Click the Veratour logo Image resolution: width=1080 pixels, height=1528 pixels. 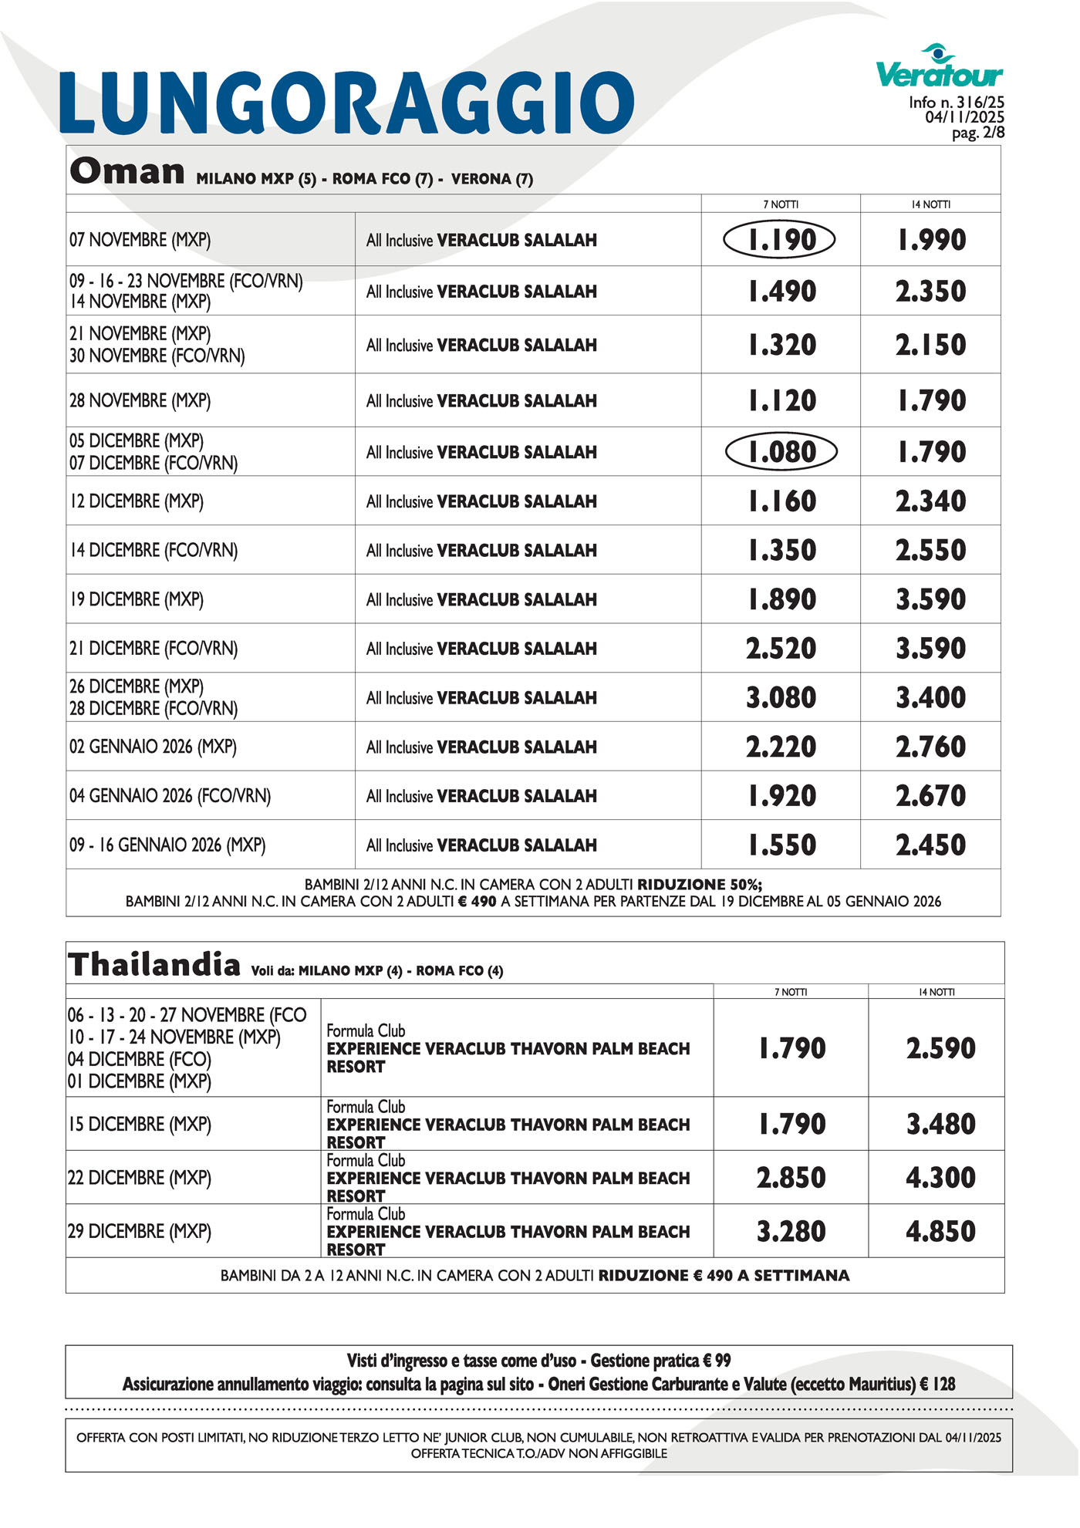pyautogui.click(x=940, y=67)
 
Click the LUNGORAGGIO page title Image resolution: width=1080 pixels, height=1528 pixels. pyautogui.click(x=347, y=103)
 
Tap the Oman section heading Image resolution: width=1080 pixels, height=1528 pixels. pyautogui.click(x=127, y=171)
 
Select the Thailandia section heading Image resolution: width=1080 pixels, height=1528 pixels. pyautogui.click(x=154, y=965)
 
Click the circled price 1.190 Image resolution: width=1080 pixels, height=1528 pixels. pyautogui.click(x=780, y=240)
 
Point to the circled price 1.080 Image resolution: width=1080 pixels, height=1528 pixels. pyautogui.click(x=781, y=452)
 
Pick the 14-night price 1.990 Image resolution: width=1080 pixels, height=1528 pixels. pyautogui.click(x=931, y=240)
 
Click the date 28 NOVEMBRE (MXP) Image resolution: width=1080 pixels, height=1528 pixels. pyautogui.click(x=140, y=401)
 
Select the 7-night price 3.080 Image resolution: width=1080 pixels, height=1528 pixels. pyautogui.click(x=781, y=698)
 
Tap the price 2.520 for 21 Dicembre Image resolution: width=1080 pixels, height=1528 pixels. pyautogui.click(x=781, y=649)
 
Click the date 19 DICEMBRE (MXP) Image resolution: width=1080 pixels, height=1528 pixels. pyautogui.click(x=137, y=599)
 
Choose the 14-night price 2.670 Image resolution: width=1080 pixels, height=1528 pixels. pyautogui.click(x=931, y=796)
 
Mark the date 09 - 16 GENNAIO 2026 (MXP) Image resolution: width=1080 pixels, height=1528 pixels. pyautogui.click(x=167, y=845)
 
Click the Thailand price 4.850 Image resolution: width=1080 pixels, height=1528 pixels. pyautogui.click(x=940, y=1231)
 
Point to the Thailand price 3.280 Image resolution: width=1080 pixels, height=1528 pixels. pyautogui.click(x=791, y=1231)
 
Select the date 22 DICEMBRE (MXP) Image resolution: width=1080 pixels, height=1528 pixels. pyautogui.click(x=140, y=1178)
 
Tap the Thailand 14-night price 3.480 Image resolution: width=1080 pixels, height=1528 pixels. pyautogui.click(x=940, y=1124)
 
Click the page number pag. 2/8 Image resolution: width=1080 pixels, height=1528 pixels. pyautogui.click(x=977, y=133)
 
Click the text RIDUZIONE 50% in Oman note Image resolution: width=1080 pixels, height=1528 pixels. pyautogui.click(x=699, y=885)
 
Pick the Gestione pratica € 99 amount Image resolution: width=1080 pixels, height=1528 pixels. pyautogui.click(x=660, y=1361)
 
